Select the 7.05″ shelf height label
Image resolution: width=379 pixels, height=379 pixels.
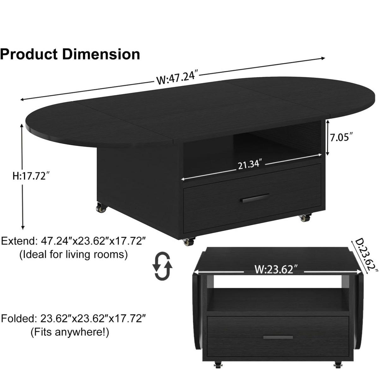[341, 138]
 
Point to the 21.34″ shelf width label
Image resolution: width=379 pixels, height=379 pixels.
[250, 164]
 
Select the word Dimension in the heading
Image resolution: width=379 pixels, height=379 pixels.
[101, 54]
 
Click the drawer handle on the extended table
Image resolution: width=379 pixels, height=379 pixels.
[255, 198]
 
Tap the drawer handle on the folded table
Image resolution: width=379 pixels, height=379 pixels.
[278, 337]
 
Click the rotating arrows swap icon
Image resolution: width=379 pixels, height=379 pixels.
[163, 266]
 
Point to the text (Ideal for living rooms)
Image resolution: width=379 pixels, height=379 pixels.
[74, 254]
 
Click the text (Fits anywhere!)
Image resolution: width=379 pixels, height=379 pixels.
[70, 332]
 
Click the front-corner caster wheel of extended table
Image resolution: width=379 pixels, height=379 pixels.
[189, 242]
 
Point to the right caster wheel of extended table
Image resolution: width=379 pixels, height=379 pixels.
[305, 217]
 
